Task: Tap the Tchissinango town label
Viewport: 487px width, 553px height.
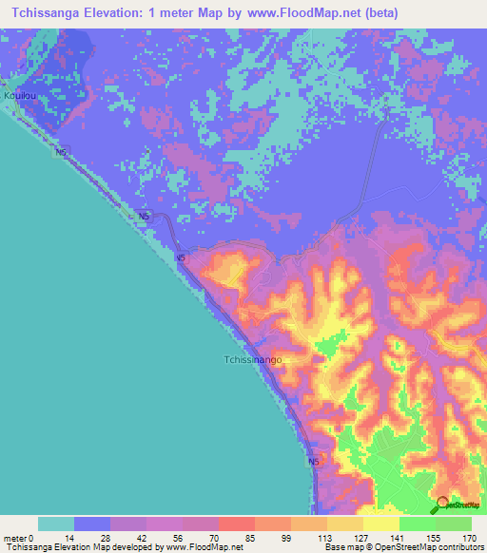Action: click(252, 361)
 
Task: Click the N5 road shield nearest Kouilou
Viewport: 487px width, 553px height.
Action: click(62, 152)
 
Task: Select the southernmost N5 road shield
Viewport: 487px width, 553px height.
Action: click(314, 462)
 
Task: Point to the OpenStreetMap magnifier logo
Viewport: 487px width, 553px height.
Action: click(441, 503)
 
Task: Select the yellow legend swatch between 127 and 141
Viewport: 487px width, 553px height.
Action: click(380, 524)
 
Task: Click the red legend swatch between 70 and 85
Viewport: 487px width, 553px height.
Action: click(237, 524)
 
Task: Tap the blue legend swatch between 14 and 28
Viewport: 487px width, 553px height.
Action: click(92, 524)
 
